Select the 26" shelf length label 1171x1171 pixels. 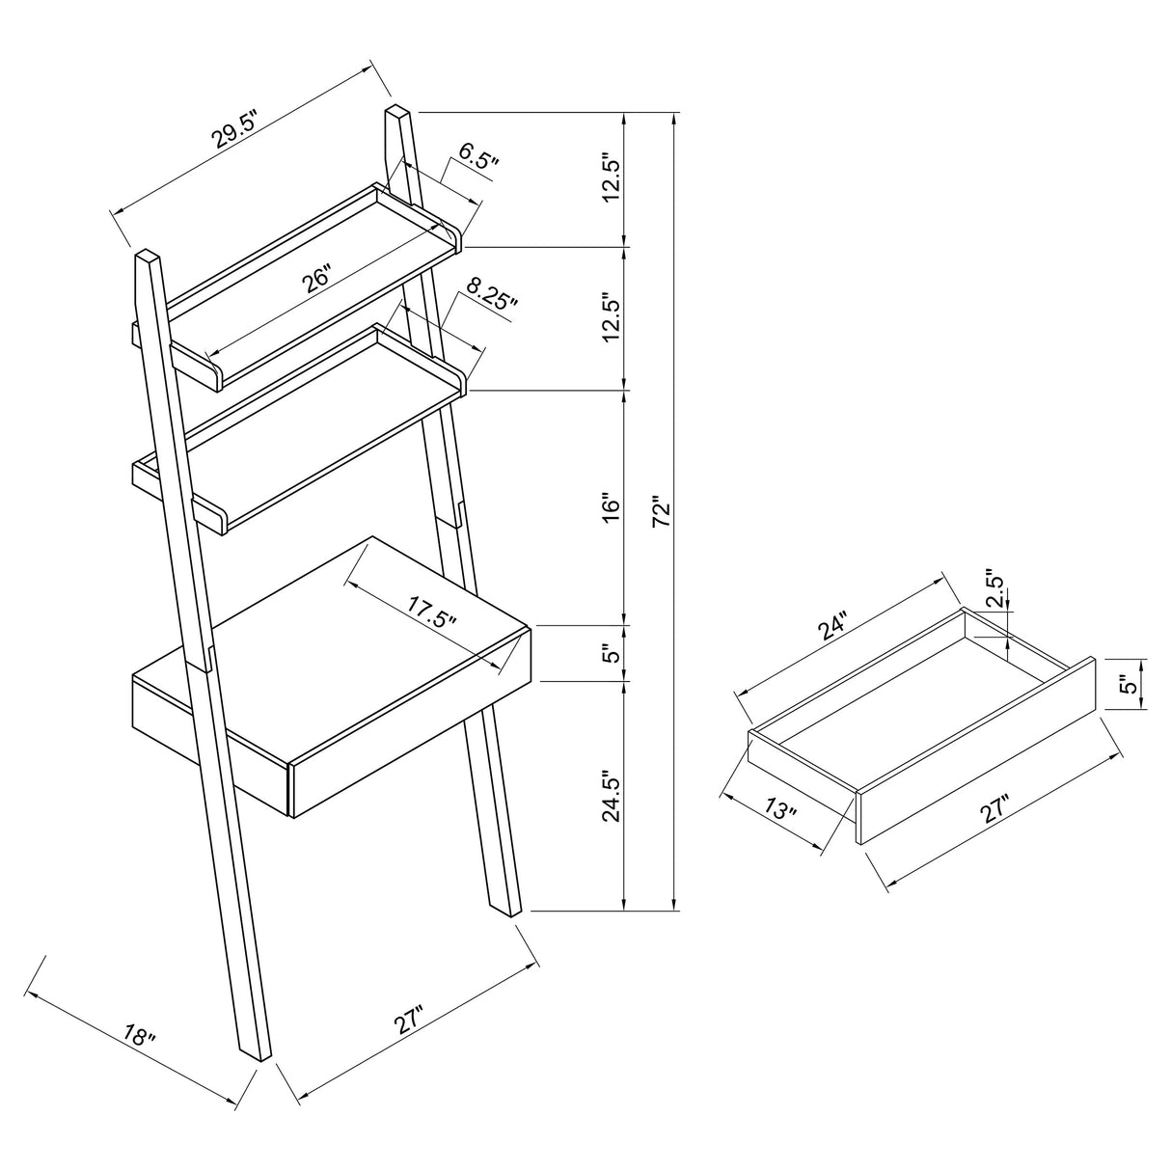pos(316,279)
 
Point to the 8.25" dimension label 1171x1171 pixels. pos(492,293)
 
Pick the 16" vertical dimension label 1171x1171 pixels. pos(609,507)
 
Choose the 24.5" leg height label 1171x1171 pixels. pos(609,796)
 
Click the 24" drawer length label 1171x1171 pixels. pos(831,628)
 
